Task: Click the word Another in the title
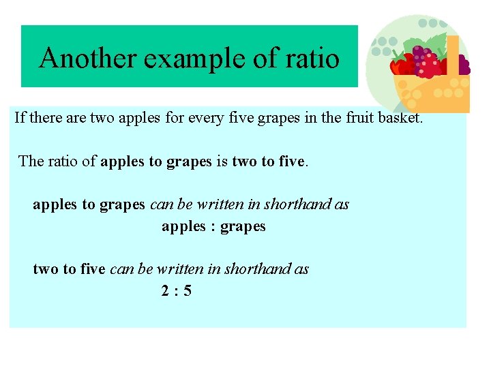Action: pos(88,59)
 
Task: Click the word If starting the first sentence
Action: pos(20,117)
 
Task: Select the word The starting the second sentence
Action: pos(31,161)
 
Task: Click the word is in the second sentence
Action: pos(222,161)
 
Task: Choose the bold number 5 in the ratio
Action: pos(188,291)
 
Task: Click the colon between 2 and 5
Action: pos(177,292)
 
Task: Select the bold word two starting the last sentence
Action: pos(46,269)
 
